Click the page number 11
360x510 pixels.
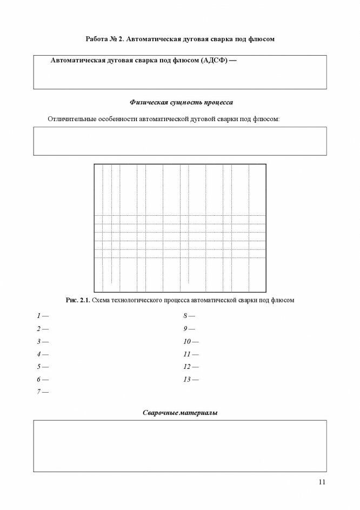[322, 482]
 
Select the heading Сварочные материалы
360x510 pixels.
[180, 413]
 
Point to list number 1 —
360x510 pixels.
[42, 315]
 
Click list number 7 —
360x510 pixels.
[42, 392]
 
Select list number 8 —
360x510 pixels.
[189, 315]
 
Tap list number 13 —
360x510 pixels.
[191, 380]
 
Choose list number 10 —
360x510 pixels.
[191, 341]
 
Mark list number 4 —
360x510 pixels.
[42, 354]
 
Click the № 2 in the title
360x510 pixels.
[119, 39]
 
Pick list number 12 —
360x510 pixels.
[191, 367]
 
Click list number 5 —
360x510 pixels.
[42, 367]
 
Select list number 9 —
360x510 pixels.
[189, 328]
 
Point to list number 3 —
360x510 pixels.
[42, 341]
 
